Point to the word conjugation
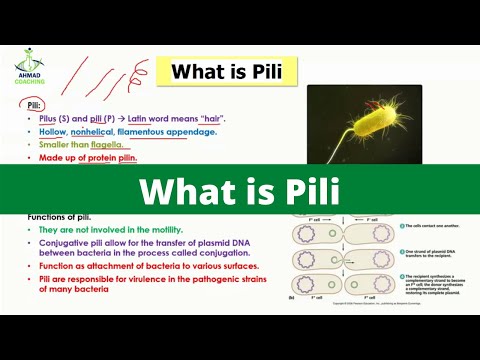point(218,254)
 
